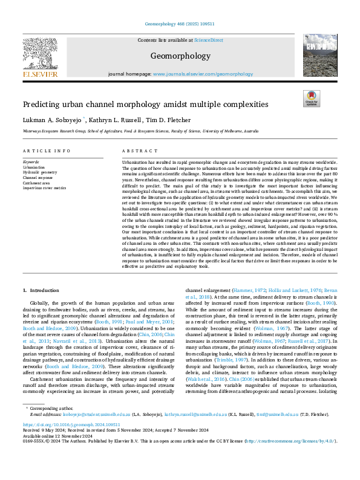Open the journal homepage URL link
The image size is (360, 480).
click(x=194, y=73)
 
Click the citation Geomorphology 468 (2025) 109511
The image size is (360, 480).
click(x=180, y=25)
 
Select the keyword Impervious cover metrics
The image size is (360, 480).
click(x=44, y=188)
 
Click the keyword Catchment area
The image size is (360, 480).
click(x=36, y=183)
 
